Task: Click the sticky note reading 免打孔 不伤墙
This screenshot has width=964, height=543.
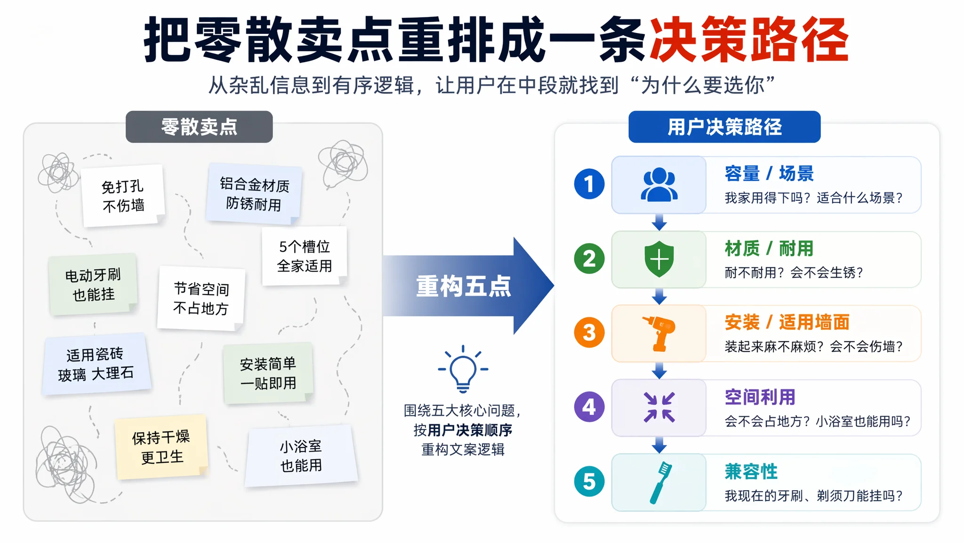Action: (x=123, y=196)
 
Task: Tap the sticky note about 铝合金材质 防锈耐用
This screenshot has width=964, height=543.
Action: (x=254, y=194)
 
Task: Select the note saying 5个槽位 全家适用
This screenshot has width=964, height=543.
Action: (x=305, y=256)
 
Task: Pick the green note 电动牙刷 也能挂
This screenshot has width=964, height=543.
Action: (x=93, y=285)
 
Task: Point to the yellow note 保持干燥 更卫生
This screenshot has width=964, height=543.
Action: (x=161, y=447)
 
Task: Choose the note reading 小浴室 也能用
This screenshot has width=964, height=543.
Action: (x=301, y=456)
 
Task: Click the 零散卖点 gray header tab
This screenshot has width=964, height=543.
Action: (x=199, y=127)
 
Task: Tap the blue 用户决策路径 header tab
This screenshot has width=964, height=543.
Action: (x=724, y=127)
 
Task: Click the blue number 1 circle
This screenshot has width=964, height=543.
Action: (x=589, y=184)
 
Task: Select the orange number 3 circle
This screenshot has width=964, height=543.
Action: (x=589, y=333)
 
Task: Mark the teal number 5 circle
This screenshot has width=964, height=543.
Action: (x=589, y=481)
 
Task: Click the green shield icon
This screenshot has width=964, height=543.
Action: (x=659, y=259)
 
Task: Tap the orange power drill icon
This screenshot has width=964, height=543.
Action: (x=659, y=333)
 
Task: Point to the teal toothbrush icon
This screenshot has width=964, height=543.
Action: (x=661, y=482)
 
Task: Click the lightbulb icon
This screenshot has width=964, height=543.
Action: (x=463, y=369)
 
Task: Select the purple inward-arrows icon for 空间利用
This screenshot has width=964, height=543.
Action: (x=659, y=407)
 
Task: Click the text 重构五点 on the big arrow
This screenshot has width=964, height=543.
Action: (x=463, y=286)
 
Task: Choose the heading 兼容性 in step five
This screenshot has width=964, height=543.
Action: (x=751, y=471)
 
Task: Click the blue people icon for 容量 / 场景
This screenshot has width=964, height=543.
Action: (x=659, y=185)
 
